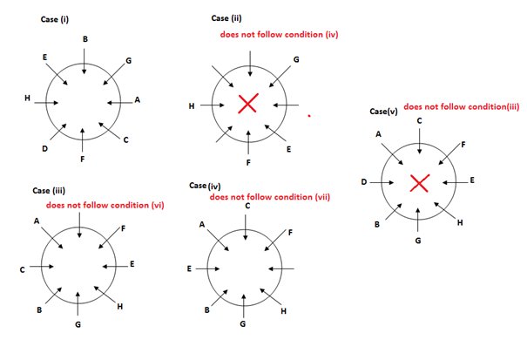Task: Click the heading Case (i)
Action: [56, 18]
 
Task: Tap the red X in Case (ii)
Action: [247, 105]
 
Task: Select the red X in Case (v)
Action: [419, 183]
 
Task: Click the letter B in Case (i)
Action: [84, 39]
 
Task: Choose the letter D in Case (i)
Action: [44, 149]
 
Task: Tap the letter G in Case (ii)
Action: [296, 59]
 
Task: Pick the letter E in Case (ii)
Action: [288, 149]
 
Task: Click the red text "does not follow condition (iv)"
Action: [278, 35]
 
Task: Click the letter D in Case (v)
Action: [363, 181]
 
